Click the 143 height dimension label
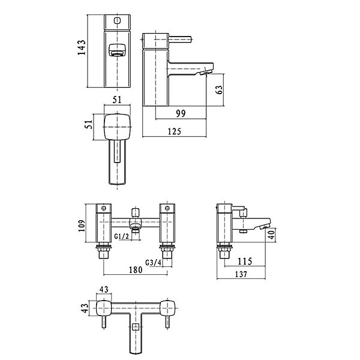(x=81, y=47)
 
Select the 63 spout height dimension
(x=219, y=89)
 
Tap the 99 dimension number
(x=181, y=113)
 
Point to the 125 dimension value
(x=175, y=131)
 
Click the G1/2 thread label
(x=122, y=236)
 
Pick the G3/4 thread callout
(x=154, y=262)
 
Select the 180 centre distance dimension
(x=136, y=270)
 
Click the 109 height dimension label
(x=82, y=226)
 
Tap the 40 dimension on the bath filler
(x=271, y=235)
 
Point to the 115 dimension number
(x=245, y=261)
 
